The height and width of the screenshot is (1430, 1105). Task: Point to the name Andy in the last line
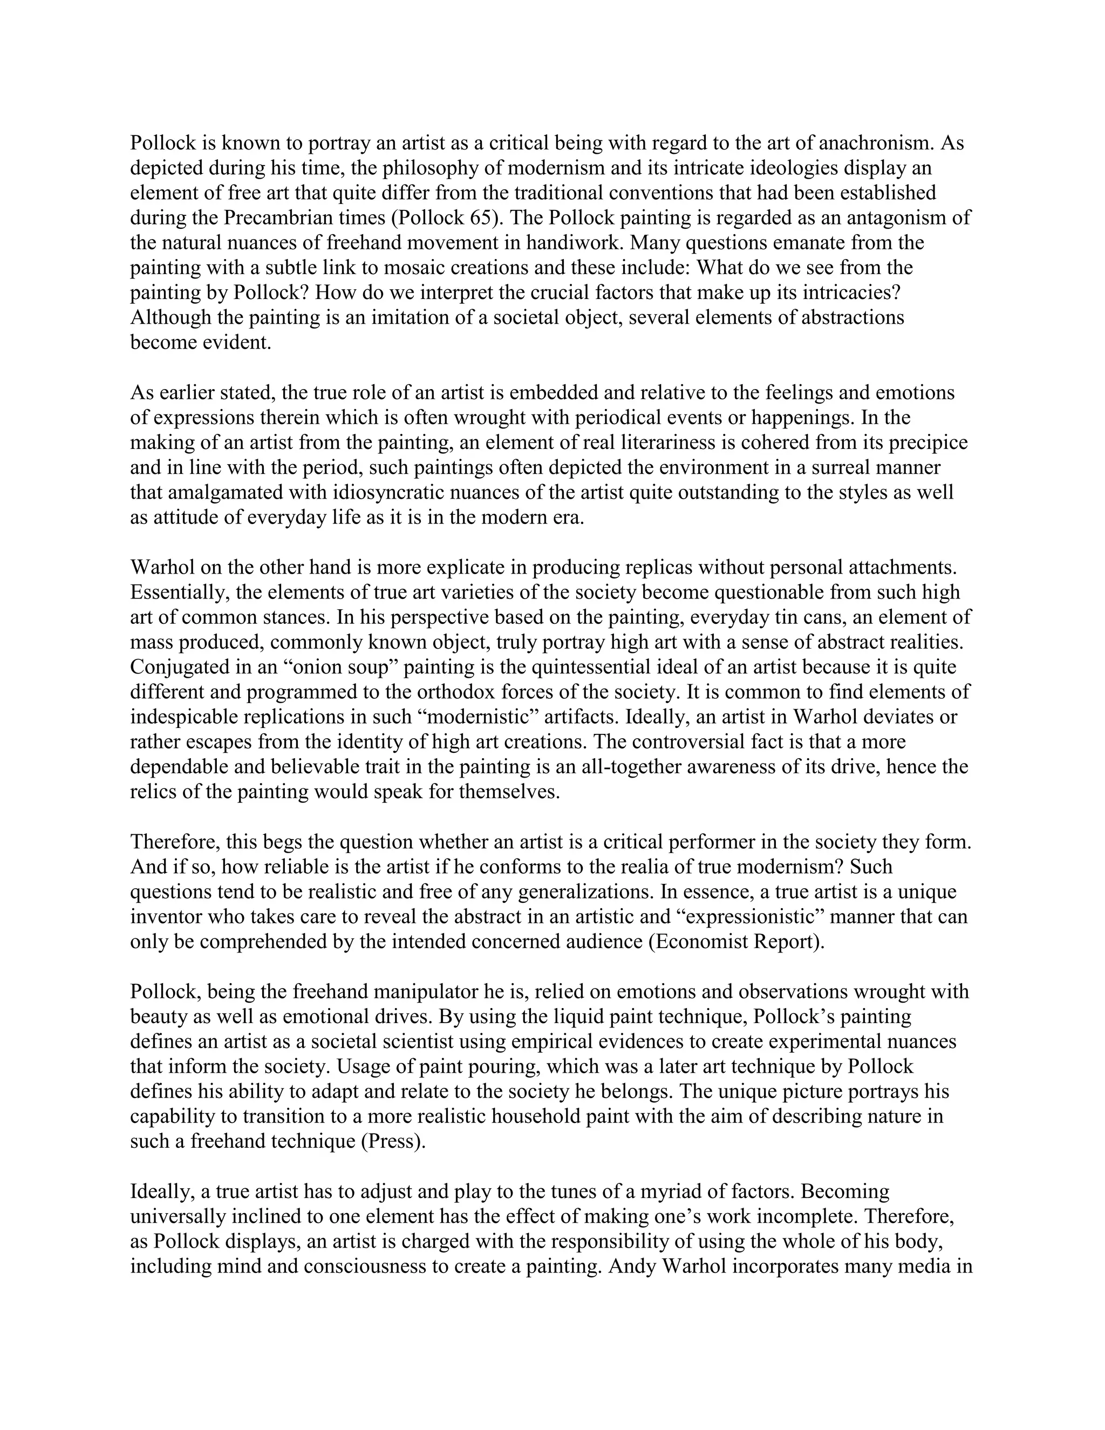pyautogui.click(x=632, y=1265)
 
